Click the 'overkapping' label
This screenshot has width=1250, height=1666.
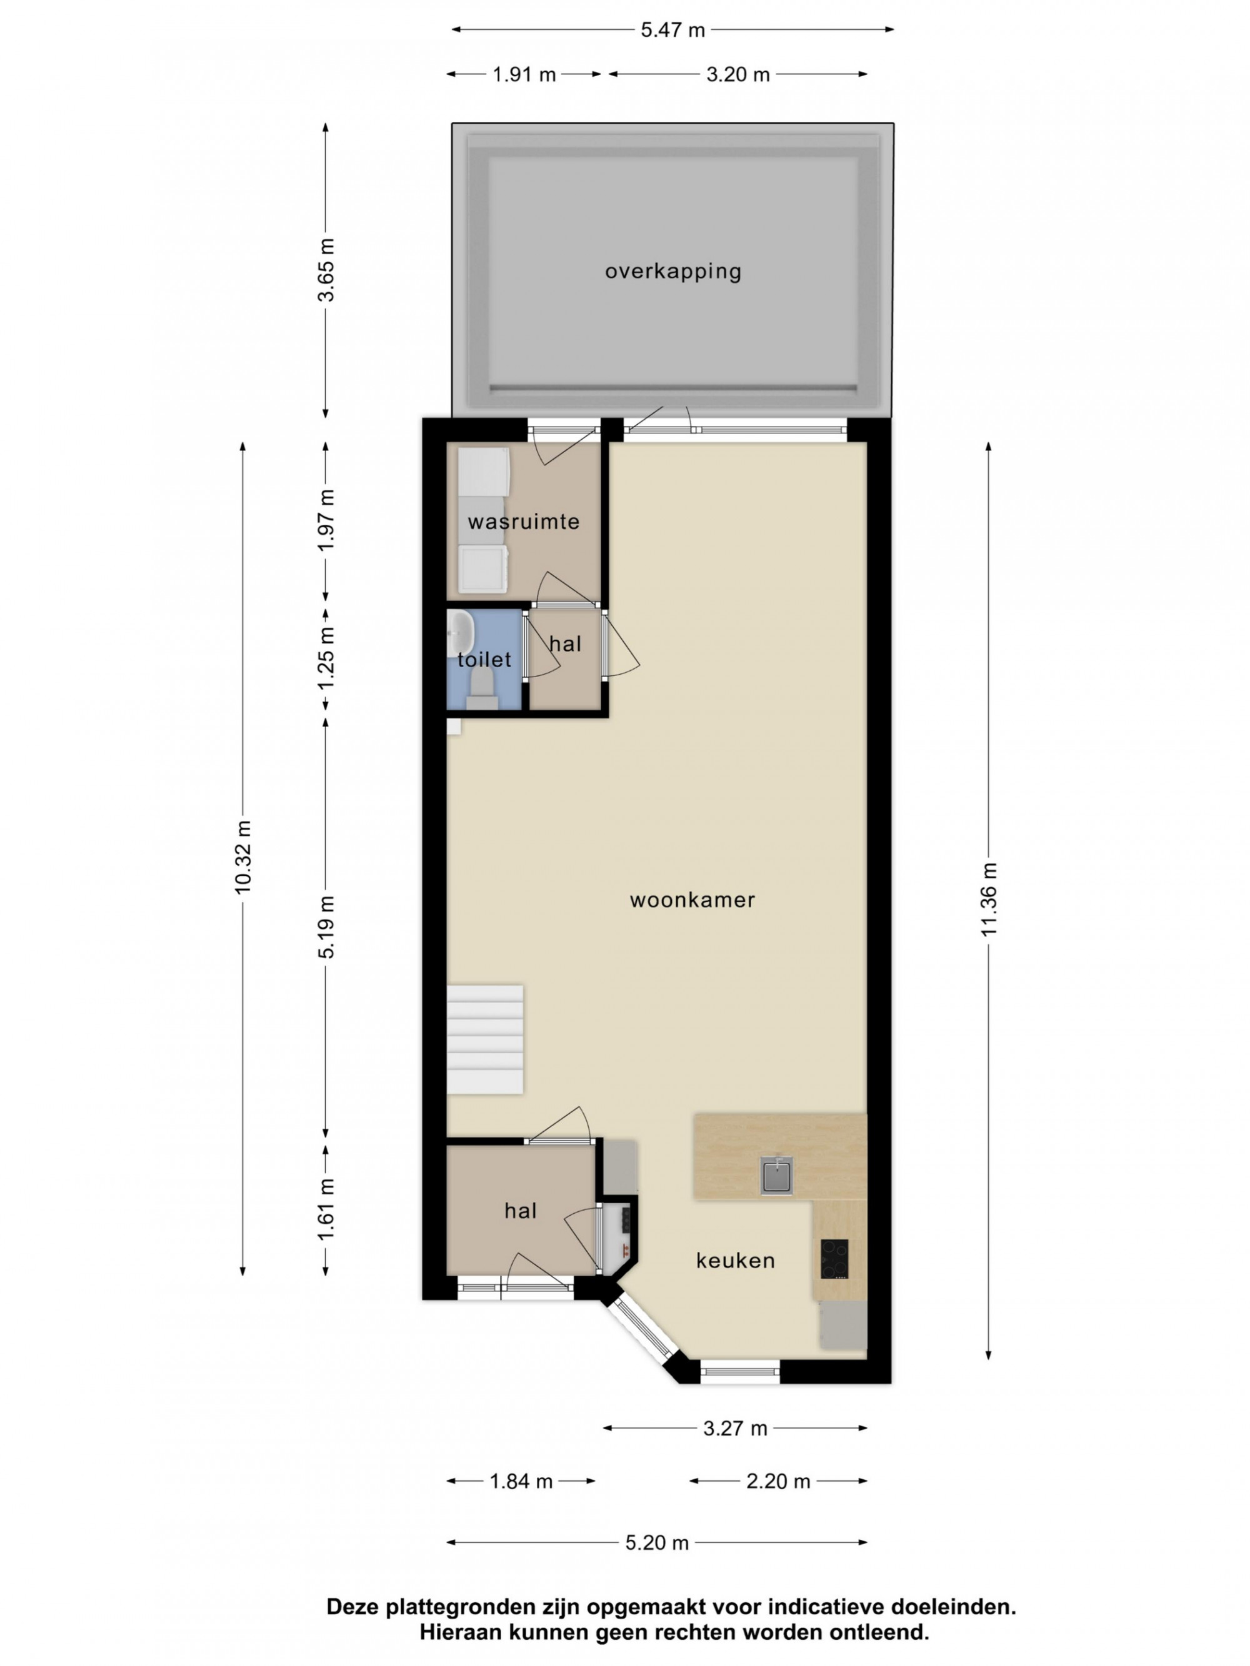673,271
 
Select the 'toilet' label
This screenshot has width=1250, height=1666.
484,660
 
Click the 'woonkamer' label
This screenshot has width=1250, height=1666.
692,900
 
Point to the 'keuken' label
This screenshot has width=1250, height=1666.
736,1260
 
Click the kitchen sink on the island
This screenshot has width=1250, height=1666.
776,1174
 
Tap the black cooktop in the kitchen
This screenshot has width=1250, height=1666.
834,1259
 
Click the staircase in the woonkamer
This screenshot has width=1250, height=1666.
484,1039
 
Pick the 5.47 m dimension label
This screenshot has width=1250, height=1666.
673,30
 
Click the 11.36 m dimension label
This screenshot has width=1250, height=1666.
989,900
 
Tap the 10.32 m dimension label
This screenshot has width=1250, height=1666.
242,857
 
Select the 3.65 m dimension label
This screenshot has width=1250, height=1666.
326,270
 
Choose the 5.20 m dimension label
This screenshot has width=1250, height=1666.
657,1542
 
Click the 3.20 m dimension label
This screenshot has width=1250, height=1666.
737,74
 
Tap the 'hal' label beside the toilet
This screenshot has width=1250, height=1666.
565,644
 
